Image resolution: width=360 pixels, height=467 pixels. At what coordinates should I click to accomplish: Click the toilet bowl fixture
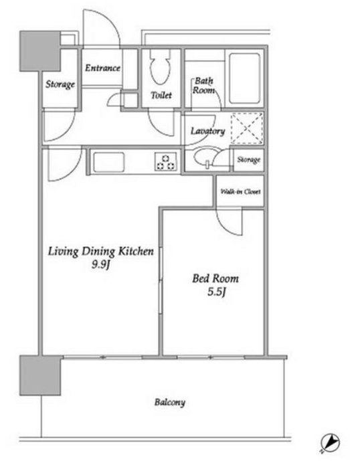[160, 68]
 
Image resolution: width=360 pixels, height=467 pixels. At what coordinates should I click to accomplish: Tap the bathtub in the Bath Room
[244, 78]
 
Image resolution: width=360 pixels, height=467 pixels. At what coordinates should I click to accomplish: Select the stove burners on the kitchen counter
[165, 162]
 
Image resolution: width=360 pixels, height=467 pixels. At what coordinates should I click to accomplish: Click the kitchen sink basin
[108, 162]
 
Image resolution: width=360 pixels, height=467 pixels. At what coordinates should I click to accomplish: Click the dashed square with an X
[247, 128]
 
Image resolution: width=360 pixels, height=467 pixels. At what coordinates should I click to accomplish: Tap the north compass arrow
[331, 442]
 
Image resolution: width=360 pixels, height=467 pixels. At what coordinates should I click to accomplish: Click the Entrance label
[102, 68]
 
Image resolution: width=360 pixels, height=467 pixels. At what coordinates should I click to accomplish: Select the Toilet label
[161, 95]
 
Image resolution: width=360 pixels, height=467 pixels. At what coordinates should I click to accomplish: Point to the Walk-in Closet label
[240, 191]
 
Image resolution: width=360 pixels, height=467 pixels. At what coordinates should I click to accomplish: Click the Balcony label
[170, 402]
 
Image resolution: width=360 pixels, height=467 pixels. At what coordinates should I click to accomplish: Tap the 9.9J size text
[101, 264]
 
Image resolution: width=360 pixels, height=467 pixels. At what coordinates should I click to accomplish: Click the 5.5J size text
[217, 292]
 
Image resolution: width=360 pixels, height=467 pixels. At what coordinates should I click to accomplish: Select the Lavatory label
[207, 131]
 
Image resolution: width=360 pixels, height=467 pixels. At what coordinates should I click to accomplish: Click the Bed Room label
[215, 278]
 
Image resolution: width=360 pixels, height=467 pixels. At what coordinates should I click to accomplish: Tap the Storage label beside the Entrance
[60, 84]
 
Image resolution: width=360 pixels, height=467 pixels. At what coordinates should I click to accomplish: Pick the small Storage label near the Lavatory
[249, 160]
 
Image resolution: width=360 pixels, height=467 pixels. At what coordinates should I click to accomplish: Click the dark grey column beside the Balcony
[40, 375]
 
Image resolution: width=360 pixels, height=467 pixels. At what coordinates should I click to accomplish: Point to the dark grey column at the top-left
[40, 51]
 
